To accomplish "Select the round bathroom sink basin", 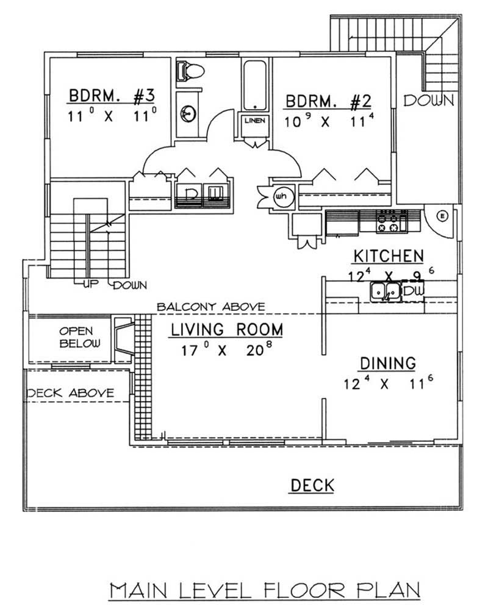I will point(188,112).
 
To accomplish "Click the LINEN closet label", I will point(254,121).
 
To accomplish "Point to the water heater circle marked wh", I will point(282,196).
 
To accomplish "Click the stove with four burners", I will point(392,221).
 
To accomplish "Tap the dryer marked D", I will point(191,195).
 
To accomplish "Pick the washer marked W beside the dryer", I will point(215,195).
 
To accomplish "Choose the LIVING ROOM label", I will point(226,330).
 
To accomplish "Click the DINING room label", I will point(387,363).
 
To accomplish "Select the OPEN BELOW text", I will point(76,337).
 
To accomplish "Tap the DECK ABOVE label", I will point(70,393).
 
